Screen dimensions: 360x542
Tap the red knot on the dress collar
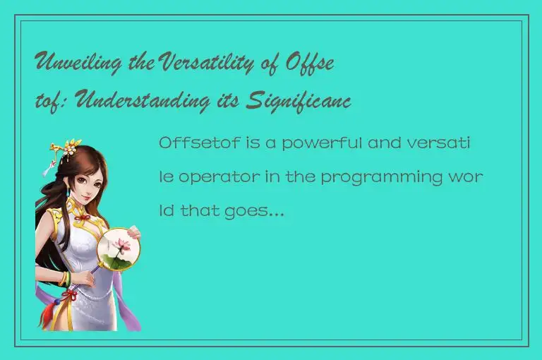83,217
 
